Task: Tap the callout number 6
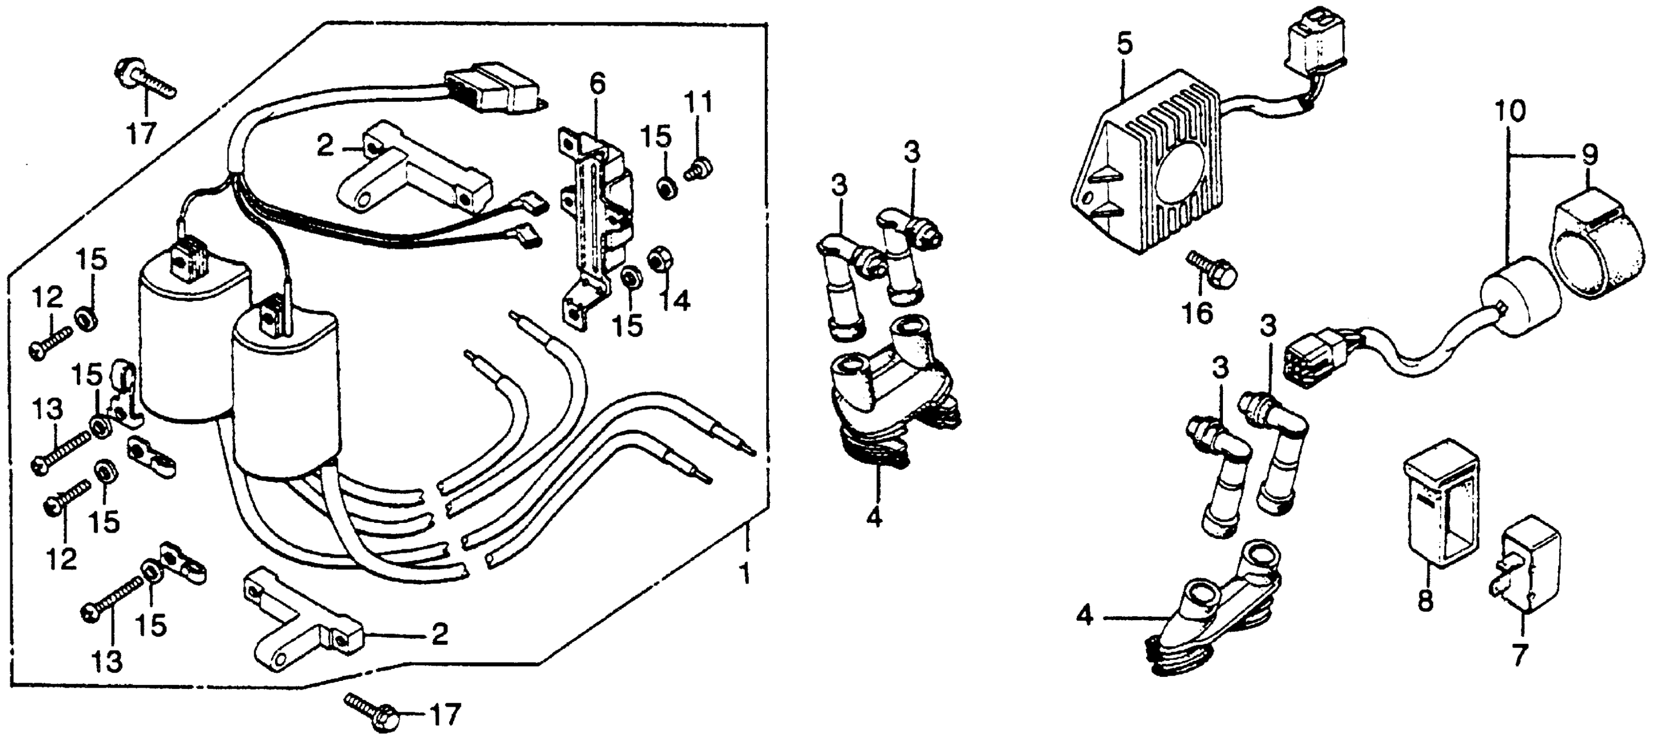pos(597,85)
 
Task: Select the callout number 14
pos(676,299)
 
